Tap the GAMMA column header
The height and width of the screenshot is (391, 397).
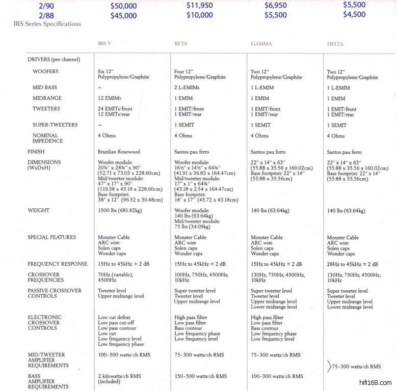(261, 44)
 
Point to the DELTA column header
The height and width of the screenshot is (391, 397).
(335, 44)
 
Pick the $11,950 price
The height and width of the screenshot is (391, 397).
(200, 6)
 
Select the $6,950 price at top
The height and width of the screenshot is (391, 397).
(276, 6)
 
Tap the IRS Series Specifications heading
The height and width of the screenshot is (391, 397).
(47, 24)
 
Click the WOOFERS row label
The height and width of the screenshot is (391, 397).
(45, 72)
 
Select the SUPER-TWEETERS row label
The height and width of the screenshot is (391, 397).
(55, 125)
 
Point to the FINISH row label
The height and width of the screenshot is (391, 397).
(36, 152)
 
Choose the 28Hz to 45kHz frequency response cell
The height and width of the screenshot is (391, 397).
(352, 264)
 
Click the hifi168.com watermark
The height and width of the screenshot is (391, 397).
(374, 382)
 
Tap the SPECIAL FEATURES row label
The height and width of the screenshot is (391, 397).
(52, 237)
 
